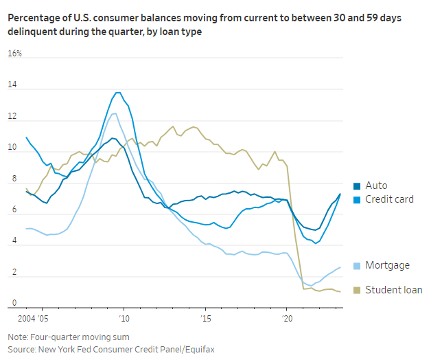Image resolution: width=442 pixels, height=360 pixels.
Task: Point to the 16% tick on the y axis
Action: pyautogui.click(x=14, y=54)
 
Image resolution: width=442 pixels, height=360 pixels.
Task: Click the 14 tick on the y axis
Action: pyautogui.click(x=12, y=85)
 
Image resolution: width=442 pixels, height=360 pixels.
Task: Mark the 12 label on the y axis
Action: pyautogui.click(x=12, y=117)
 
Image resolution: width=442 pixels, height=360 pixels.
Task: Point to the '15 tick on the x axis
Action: pyautogui.click(x=205, y=319)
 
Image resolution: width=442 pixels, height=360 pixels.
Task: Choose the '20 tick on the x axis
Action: pyautogui.click(x=287, y=319)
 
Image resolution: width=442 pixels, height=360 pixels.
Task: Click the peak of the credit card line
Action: pyautogui.click(x=118, y=92)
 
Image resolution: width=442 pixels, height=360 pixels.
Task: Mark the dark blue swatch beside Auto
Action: pyautogui.click(x=356, y=186)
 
